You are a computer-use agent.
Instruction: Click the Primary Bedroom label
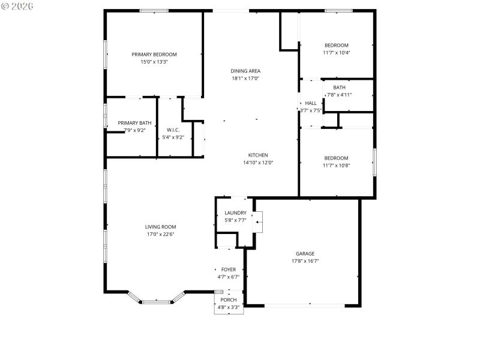click(154, 54)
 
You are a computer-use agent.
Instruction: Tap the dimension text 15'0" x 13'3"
click(154, 62)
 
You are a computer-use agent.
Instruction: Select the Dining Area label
click(245, 71)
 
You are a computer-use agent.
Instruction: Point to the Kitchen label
click(258, 155)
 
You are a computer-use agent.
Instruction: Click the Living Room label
click(160, 227)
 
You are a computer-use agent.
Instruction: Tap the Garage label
click(305, 253)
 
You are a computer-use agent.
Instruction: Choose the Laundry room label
click(235, 213)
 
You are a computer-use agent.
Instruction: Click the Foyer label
click(228, 269)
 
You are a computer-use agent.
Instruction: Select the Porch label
click(228, 300)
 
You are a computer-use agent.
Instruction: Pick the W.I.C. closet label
click(173, 130)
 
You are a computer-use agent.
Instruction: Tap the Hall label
click(310, 103)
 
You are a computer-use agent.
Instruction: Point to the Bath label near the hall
click(339, 88)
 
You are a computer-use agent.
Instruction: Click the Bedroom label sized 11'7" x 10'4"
click(336, 45)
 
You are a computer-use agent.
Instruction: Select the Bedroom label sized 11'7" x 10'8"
click(336, 158)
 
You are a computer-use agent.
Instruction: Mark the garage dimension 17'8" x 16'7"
click(305, 261)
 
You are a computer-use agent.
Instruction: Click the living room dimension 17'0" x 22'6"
click(160, 235)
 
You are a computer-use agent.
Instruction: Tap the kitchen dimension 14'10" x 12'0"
click(258, 163)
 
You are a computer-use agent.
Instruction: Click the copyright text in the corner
click(17, 5)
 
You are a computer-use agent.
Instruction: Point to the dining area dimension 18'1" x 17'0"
click(245, 79)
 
